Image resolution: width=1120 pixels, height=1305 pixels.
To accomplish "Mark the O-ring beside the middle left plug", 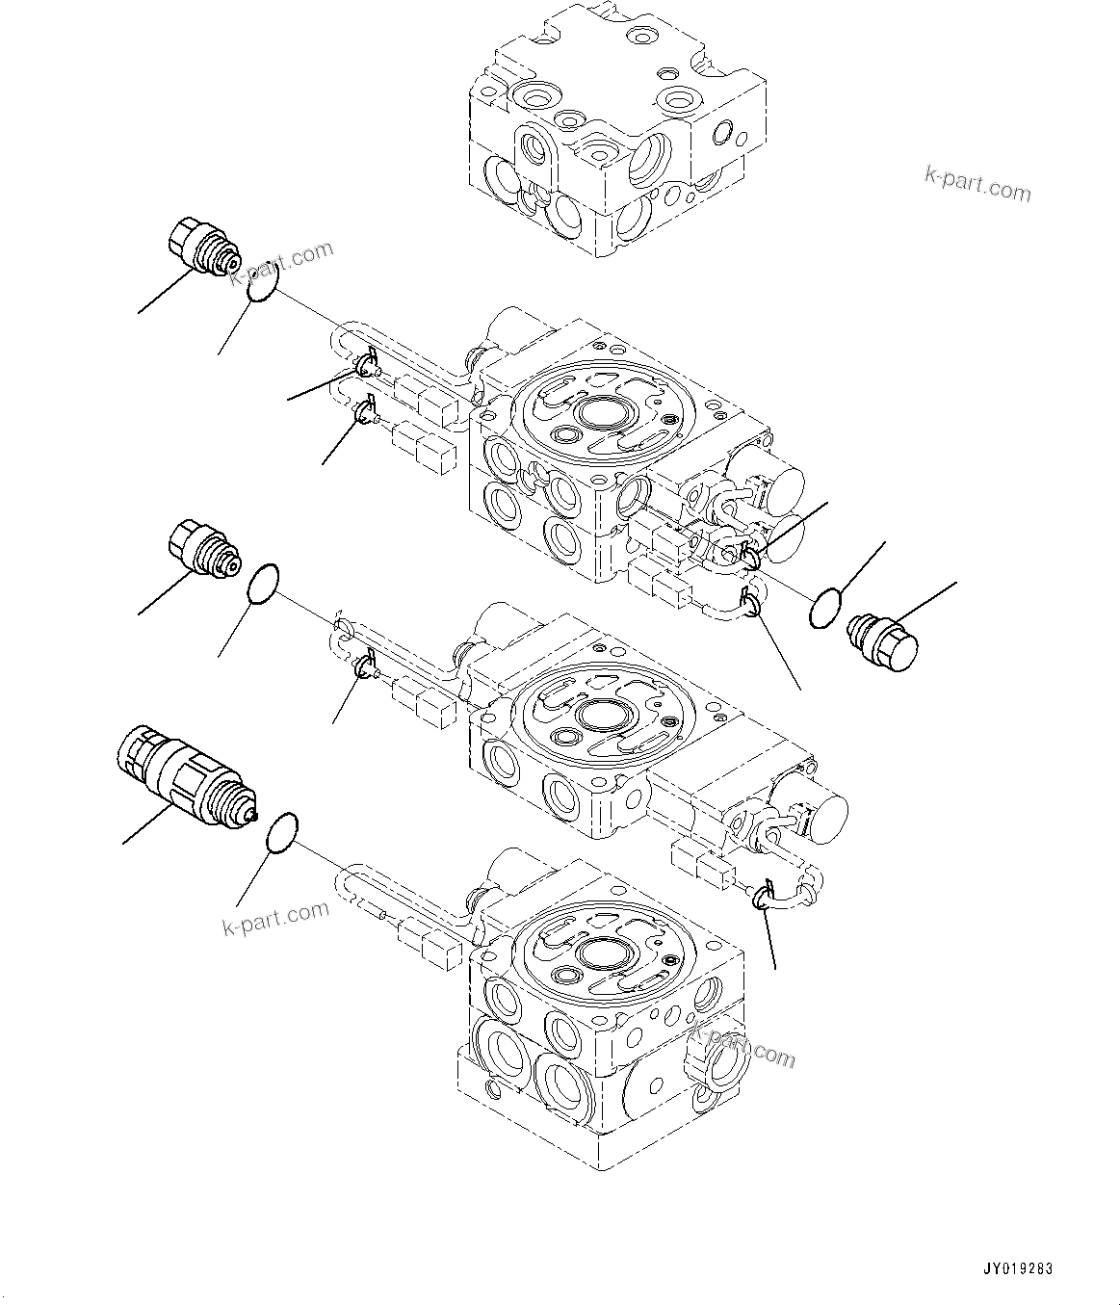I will (x=263, y=585).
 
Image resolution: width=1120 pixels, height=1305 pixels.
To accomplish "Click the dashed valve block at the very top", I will (x=616, y=125).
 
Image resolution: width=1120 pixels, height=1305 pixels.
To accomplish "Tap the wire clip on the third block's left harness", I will (x=364, y=665).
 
